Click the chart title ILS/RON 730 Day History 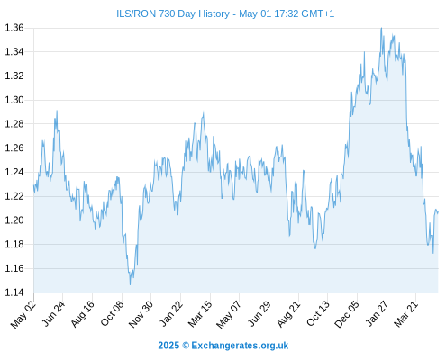point(173,13)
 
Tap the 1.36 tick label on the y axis point(14,28)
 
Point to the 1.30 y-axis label point(14,100)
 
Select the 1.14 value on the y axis point(14,292)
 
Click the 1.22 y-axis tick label point(14,196)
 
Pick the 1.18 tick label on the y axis point(14,244)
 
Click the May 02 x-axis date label point(23,314)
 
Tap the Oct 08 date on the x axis point(112,313)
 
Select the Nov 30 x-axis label point(141,314)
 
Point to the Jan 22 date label point(171,313)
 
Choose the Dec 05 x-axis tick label point(347,314)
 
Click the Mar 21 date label point(406,313)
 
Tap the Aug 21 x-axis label point(288,313)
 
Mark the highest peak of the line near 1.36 point(381,28)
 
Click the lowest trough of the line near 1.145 point(130,284)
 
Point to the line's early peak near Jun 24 point(57,111)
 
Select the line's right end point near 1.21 point(438,212)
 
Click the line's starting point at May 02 point(34,185)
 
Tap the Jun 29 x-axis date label point(259,313)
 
